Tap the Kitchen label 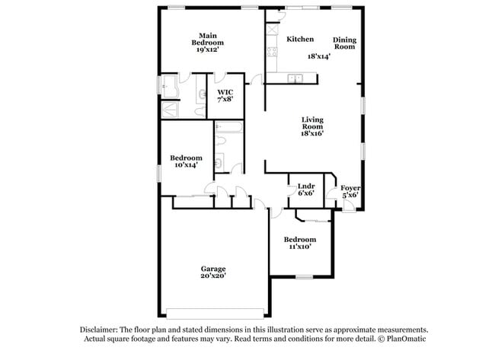point(300,39)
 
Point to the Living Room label point(312,119)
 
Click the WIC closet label point(225,91)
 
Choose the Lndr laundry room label point(306,186)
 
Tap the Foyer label point(350,188)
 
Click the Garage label point(213,269)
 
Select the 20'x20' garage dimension point(213,276)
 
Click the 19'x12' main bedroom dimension point(207,50)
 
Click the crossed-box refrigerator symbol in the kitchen point(271,30)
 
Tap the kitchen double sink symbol point(295,78)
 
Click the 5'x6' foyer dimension point(350,196)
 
